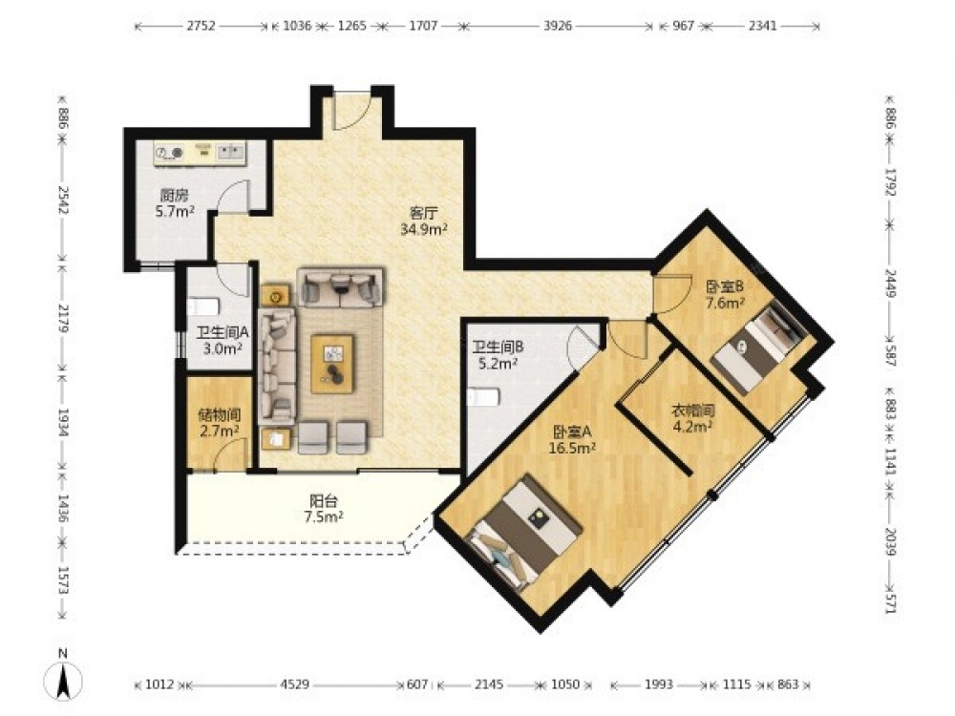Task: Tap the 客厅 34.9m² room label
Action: click(x=425, y=221)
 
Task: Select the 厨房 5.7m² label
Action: click(x=174, y=203)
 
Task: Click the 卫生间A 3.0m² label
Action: click(x=223, y=341)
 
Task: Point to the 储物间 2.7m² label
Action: click(x=220, y=423)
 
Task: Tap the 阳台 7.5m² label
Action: click(x=324, y=509)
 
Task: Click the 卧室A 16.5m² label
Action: click(x=572, y=440)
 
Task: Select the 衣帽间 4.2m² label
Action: click(x=692, y=418)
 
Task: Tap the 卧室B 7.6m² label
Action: click(x=726, y=294)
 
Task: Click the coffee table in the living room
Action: click(x=332, y=364)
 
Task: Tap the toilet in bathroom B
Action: click(x=484, y=397)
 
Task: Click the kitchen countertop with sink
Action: click(x=200, y=153)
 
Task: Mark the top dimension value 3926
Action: click(x=558, y=26)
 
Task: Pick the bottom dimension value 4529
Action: click(x=295, y=684)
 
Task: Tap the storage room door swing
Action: click(x=230, y=454)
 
